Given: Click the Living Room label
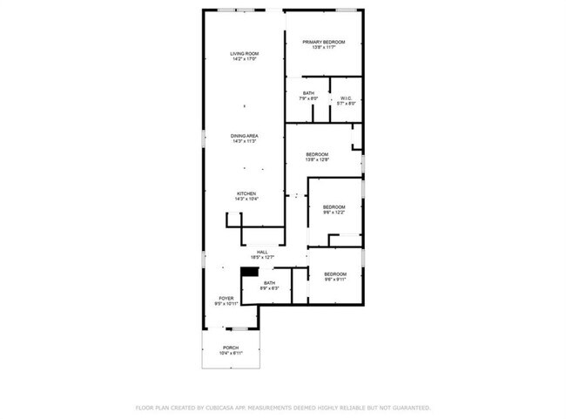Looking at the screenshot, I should tap(245, 54).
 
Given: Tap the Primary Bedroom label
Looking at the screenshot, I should tap(324, 42).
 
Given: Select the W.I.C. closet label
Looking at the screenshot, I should tap(346, 98).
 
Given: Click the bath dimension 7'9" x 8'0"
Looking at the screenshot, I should tap(308, 98).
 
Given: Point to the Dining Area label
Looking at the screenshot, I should tap(245, 136).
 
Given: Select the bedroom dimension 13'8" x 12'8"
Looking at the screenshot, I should tap(316, 159).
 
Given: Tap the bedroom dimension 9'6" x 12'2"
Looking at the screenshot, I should tap(334, 212).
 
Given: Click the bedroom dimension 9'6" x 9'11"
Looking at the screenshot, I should tap(335, 280).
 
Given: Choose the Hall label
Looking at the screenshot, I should tap(262, 252).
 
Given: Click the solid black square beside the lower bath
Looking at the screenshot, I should tap(249, 272).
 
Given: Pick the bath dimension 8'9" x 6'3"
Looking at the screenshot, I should tap(269, 287).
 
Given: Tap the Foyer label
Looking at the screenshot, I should tap(226, 299).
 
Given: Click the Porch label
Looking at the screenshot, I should tap(230, 348).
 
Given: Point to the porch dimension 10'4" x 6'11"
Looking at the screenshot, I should tap(230, 353).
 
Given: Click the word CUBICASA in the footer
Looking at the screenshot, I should tap(223, 407).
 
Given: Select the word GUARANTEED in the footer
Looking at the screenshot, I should tap(408, 407).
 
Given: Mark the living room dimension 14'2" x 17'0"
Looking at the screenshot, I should tap(245, 59).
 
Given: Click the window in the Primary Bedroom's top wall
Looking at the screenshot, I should tap(347, 10).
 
